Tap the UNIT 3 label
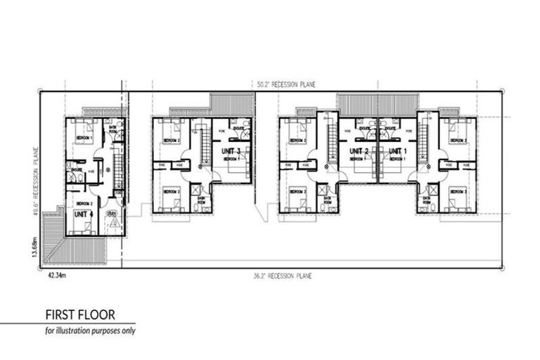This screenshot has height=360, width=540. point(230,151)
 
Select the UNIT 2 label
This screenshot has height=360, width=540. point(359,151)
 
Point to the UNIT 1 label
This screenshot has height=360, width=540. point(397,151)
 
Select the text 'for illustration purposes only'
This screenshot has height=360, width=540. point(87,330)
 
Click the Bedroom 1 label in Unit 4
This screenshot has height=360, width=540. point(84,139)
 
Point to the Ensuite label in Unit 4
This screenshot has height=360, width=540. point(73,168)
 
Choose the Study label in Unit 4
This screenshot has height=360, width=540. point(111,212)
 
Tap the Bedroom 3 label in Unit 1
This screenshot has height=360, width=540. point(458,191)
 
